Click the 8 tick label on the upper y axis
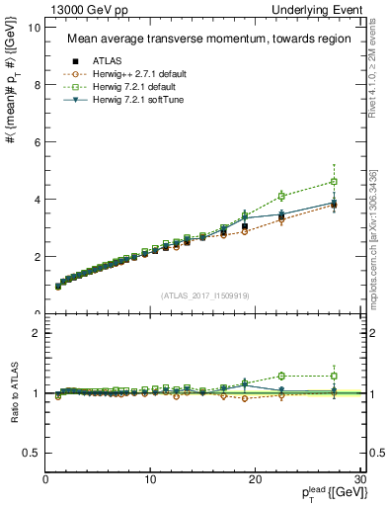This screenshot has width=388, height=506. (37, 85)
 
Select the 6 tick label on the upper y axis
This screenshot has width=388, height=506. (37, 142)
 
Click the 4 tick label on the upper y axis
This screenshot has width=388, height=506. (37, 200)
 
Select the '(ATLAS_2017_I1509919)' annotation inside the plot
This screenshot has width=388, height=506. (205, 295)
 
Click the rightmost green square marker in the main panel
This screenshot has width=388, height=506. (335, 182)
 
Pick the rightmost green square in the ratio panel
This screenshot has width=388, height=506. (335, 376)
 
